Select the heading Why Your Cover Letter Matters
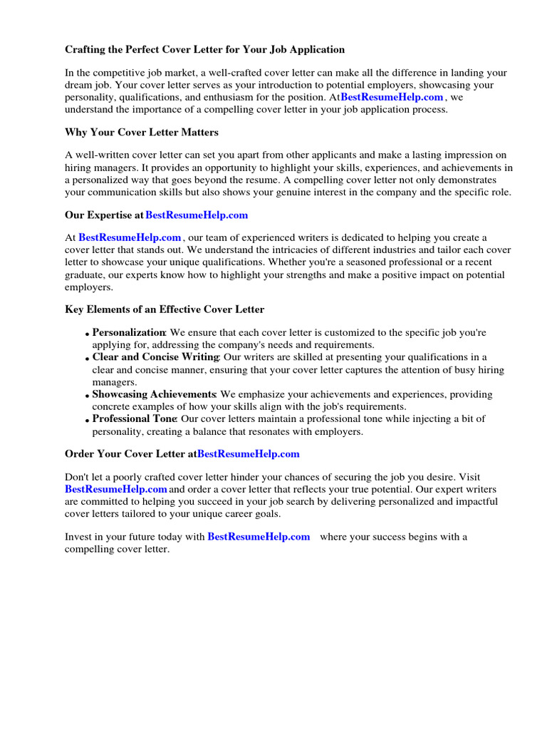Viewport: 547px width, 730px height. coord(142,133)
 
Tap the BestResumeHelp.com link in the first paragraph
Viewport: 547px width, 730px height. coord(392,97)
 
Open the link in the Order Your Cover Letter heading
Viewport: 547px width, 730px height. coord(248,453)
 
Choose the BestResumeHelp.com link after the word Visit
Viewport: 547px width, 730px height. coord(116,489)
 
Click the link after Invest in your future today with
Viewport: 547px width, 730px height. coord(259,537)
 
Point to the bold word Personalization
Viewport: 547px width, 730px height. coord(129,332)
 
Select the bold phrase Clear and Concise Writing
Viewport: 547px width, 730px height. coord(156,357)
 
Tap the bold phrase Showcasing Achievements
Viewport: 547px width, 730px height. coord(154,394)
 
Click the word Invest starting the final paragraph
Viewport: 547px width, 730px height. coord(78,537)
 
